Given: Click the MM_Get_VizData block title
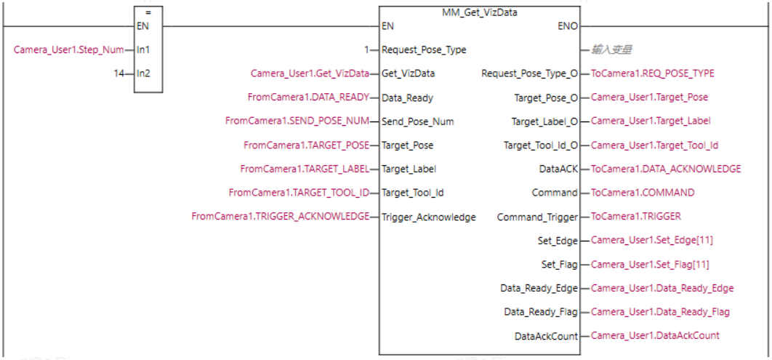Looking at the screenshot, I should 480,12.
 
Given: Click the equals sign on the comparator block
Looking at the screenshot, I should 148,12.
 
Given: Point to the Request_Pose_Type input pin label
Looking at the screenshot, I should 424,50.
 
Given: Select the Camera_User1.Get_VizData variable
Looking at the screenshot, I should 310,73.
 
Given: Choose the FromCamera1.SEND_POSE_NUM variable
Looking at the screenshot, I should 297,121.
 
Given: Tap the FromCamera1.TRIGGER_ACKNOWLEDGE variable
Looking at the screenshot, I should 280,217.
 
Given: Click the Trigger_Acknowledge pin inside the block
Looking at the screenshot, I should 429,217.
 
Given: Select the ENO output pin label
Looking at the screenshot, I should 566,26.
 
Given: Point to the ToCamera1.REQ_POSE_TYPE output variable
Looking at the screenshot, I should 653,73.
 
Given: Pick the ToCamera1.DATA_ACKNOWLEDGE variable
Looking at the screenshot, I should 666,169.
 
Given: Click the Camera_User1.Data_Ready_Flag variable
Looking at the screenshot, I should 660,312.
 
